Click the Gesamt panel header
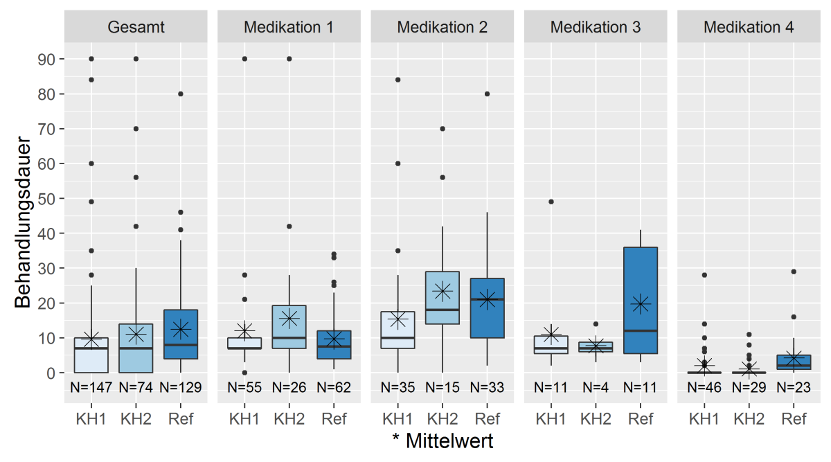pos(136,28)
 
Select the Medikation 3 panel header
pos(595,28)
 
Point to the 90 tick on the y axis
pos(46,60)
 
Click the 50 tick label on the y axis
pos(46,199)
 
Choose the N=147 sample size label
pos(91,388)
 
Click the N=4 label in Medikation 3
pos(595,388)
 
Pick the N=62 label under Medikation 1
pos(334,388)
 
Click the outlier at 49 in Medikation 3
pos(551,202)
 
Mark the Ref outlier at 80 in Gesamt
pos(181,94)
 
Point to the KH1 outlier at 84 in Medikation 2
pos(397,80)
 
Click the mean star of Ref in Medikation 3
pos(640,303)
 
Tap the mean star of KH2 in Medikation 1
pos(289,318)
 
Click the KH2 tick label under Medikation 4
pos(749,418)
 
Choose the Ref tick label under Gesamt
pos(181,418)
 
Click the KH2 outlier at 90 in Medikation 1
pos(289,59)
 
